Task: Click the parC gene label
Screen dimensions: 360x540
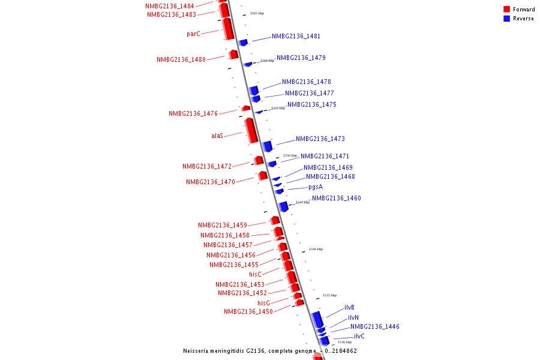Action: pos(193,34)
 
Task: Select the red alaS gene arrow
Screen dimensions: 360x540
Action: pos(251,130)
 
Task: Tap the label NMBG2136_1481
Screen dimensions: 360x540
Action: pos(296,37)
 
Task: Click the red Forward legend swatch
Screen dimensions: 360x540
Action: pos(507,10)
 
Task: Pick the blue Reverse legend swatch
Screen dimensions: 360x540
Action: pos(507,19)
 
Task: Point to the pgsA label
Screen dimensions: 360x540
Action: pos(316,187)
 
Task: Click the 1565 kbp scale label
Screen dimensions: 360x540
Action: pos(257,13)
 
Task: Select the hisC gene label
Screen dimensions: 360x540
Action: pos(256,275)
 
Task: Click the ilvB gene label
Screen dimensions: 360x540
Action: pos(349,308)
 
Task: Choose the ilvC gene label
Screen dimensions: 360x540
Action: pos(359,337)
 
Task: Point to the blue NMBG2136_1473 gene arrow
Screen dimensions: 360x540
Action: pos(268,146)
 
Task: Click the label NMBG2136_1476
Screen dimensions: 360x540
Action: pos(193,114)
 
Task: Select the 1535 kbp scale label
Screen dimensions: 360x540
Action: pos(330,295)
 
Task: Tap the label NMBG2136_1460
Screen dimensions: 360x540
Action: pos(336,199)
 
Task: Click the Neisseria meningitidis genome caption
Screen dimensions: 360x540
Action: pos(270,351)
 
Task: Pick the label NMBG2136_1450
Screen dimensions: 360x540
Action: pos(248,312)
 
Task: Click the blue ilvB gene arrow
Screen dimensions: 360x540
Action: pos(317,319)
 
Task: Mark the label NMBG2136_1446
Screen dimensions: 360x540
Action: pos(375,327)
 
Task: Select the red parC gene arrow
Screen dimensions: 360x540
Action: pos(228,28)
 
